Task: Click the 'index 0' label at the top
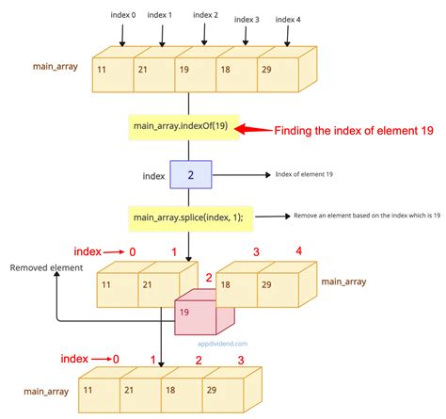tap(121, 14)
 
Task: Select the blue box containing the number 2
tap(190, 175)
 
